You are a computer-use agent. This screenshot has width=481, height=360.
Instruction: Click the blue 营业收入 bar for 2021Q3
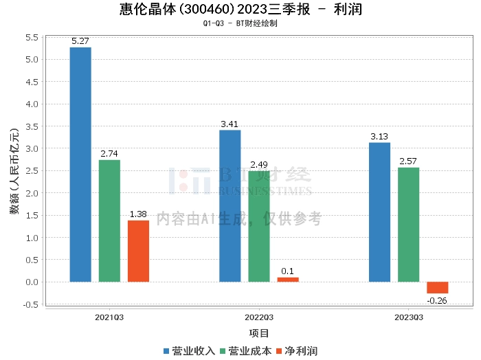coord(80,165)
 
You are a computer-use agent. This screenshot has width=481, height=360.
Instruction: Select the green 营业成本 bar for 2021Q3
coord(109,221)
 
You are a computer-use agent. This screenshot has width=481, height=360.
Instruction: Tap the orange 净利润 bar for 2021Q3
coord(138,251)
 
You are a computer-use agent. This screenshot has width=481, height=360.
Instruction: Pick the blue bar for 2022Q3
coord(230,206)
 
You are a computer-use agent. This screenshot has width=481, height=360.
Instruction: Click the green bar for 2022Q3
coord(259,227)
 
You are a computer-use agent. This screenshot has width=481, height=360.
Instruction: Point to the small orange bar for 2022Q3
coord(288,280)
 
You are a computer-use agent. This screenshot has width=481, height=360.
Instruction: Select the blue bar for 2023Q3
coord(379,212)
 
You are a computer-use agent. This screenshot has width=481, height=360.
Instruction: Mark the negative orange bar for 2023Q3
coord(437,288)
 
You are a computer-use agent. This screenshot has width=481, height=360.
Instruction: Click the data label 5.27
coord(80,41)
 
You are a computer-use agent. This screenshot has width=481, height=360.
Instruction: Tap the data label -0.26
coord(437,300)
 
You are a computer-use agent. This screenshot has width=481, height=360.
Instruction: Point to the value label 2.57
coord(408,161)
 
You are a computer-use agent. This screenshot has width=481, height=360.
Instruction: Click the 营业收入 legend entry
coord(189,350)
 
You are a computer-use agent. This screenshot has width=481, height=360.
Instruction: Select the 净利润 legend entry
coord(296,350)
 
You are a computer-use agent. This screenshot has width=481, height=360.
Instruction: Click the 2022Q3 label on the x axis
coord(259,317)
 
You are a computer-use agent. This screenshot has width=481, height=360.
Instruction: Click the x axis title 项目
coord(259,334)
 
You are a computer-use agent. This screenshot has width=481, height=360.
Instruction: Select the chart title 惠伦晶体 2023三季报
coord(240,10)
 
